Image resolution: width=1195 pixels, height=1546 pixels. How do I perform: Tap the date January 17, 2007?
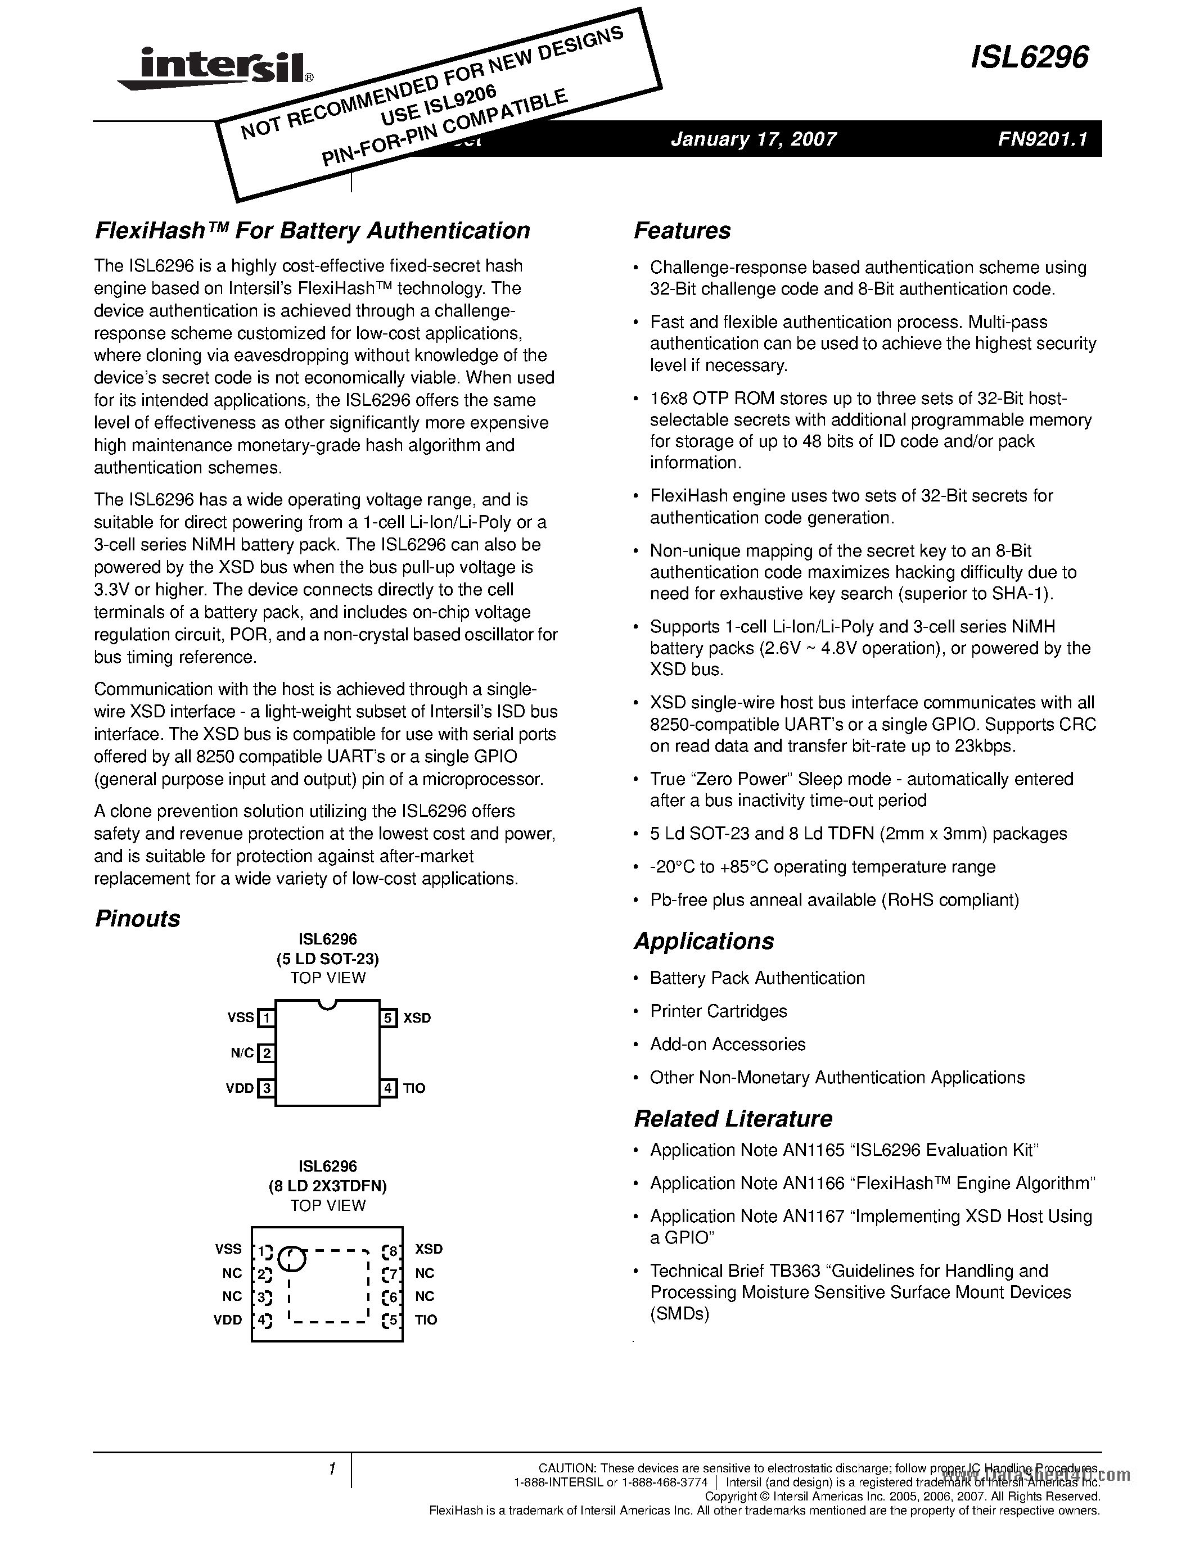(753, 139)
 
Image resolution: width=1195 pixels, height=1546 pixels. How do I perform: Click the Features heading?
(682, 230)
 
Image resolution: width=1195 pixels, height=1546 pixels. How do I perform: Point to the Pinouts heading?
(137, 919)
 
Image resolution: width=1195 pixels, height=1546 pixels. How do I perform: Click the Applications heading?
(704, 942)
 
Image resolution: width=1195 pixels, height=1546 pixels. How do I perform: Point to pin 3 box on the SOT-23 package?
(266, 1088)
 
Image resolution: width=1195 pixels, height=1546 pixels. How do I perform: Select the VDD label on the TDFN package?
(228, 1319)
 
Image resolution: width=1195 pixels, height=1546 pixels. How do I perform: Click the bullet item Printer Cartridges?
(718, 1011)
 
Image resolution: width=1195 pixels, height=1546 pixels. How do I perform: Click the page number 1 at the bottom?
(331, 1470)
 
